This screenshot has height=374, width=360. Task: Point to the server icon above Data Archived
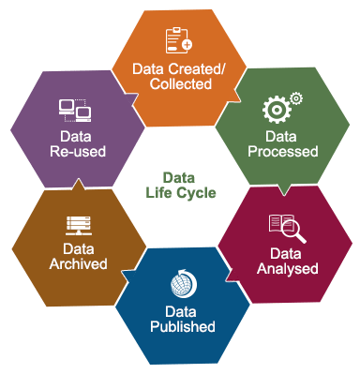78,226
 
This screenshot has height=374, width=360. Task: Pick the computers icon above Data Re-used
75,111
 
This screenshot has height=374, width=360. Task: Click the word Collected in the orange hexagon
180,83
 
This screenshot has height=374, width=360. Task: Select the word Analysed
286,268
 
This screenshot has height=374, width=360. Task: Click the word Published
183,327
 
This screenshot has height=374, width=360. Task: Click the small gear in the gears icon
295,97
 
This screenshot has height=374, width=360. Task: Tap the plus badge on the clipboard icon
187,45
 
